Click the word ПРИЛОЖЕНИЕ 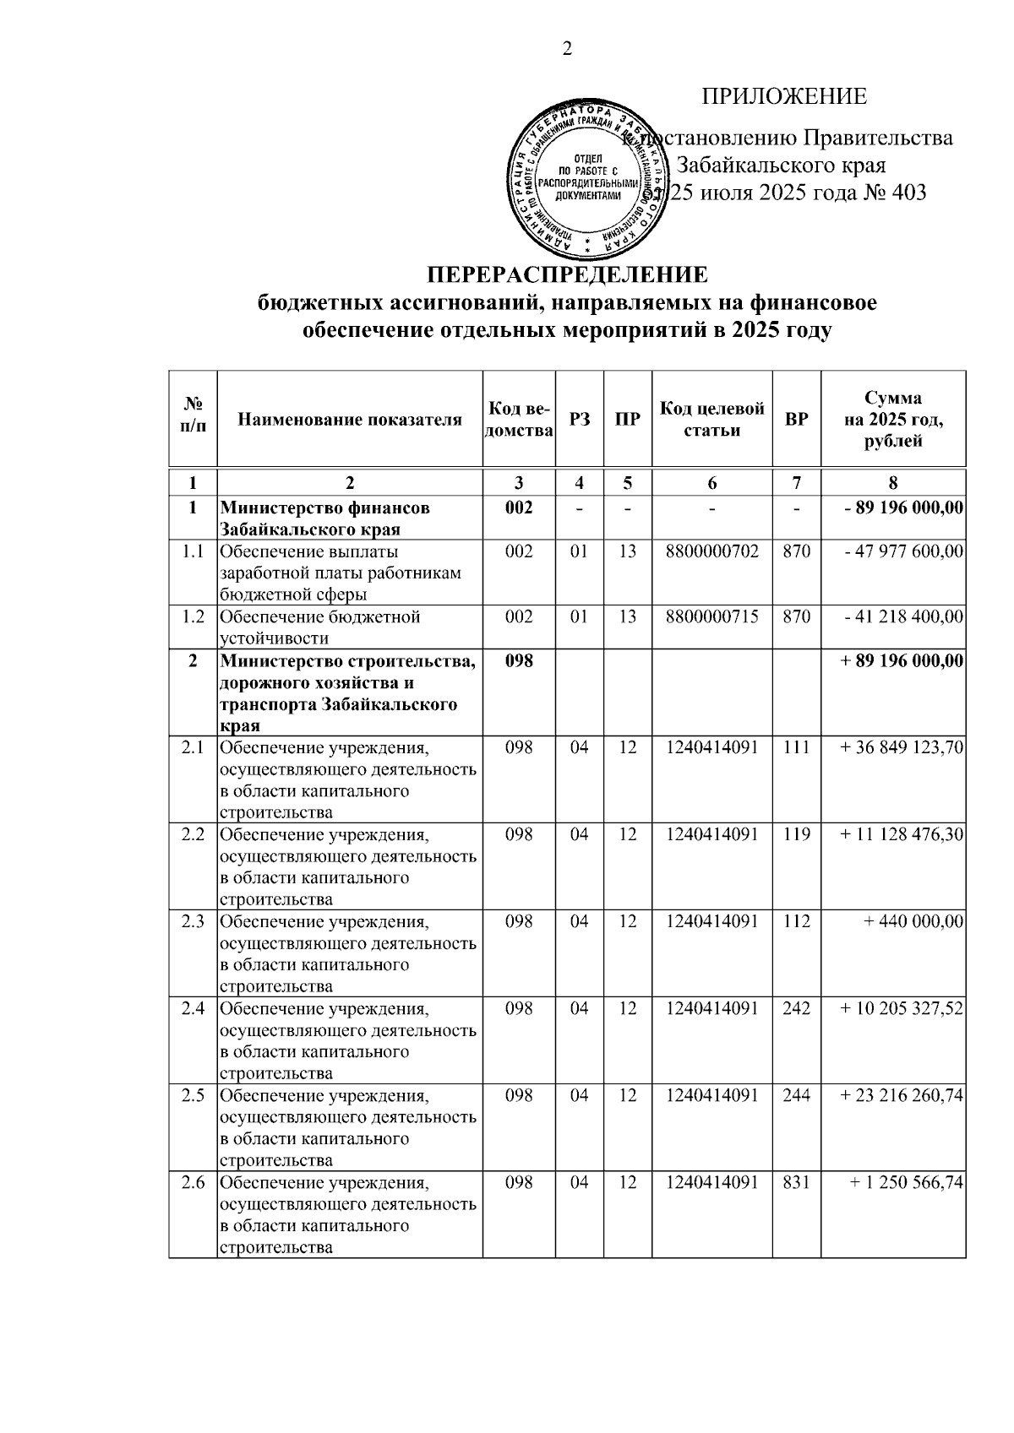click(784, 97)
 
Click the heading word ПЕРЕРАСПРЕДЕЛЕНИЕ click(567, 276)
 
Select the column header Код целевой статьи click(711, 420)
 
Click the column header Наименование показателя click(350, 420)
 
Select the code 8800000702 click(711, 552)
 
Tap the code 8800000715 click(711, 617)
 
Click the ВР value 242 click(796, 1009)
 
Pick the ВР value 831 click(796, 1183)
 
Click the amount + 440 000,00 click(913, 922)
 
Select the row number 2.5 click(194, 1096)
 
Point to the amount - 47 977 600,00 click(904, 552)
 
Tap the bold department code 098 click(519, 661)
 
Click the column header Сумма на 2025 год click(893, 420)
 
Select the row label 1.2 click(194, 617)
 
